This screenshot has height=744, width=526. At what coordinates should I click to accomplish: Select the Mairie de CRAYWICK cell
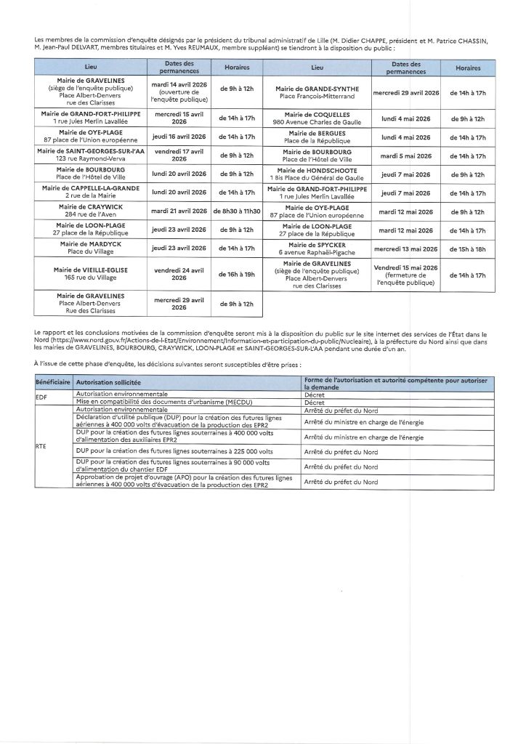[92, 211]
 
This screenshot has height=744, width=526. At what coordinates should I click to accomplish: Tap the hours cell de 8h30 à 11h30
[236, 211]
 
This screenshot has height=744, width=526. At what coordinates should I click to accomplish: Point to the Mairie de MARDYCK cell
[92, 248]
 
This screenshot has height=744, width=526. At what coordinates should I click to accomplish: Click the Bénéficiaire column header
[52, 381]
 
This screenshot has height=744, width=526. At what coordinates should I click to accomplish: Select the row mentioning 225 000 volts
[166, 452]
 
